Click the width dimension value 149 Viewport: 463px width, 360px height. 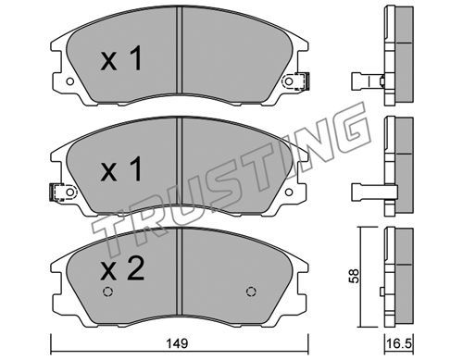[x=178, y=343]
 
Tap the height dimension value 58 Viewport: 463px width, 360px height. [x=354, y=276]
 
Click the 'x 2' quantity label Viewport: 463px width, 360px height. [x=122, y=269]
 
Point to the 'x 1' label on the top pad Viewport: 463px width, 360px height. [x=121, y=58]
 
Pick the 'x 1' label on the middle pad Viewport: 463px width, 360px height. [x=121, y=168]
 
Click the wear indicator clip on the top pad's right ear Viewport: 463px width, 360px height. [x=302, y=81]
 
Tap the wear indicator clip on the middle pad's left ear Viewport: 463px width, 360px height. [x=57, y=192]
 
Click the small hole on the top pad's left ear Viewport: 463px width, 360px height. [x=70, y=81]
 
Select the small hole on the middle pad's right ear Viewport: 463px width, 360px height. [x=289, y=192]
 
